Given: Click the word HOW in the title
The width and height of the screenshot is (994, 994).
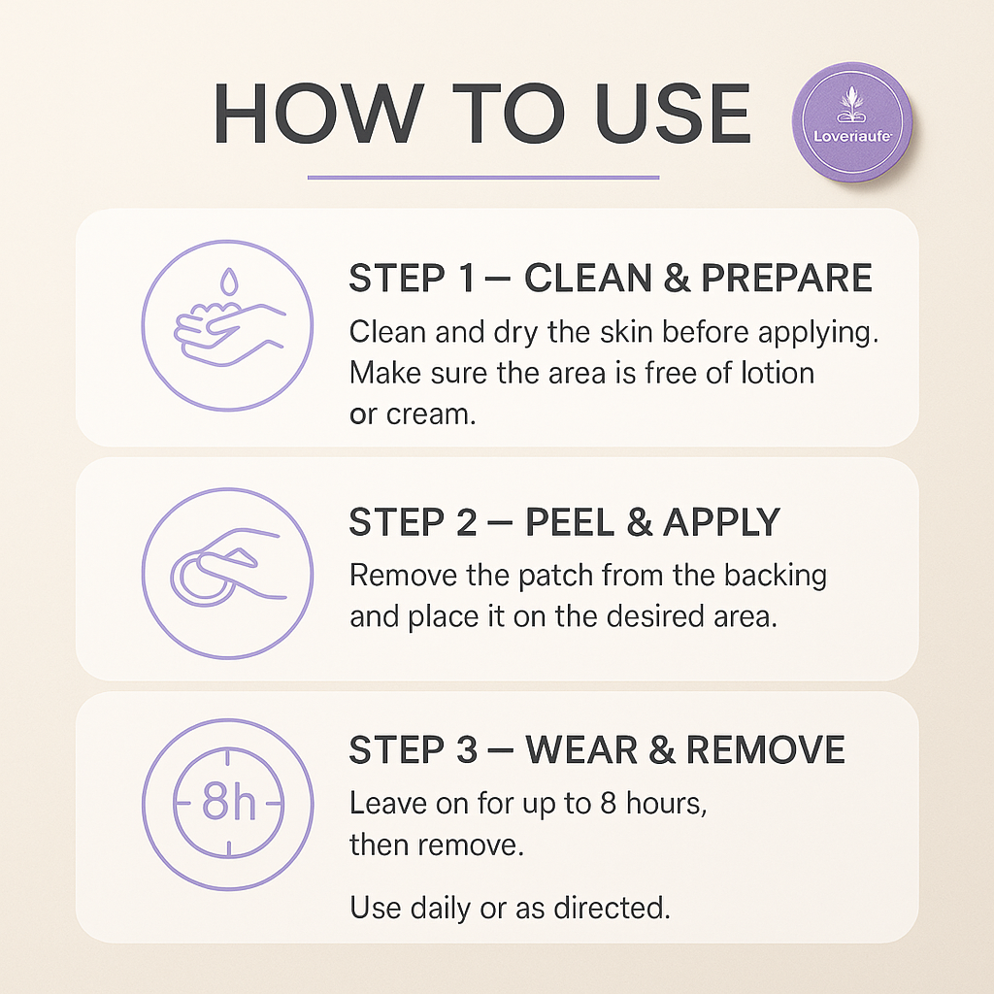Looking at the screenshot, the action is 318,114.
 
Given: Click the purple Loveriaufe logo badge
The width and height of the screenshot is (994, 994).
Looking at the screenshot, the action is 852,122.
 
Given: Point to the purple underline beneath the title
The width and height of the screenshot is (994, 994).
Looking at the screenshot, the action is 483,178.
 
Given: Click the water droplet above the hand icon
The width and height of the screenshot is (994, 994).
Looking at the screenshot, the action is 229,282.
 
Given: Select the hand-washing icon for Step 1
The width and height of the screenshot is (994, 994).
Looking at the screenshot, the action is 227,326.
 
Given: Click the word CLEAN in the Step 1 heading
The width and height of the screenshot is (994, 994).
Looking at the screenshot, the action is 587,279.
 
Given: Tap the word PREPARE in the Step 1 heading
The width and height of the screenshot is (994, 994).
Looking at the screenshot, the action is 786,279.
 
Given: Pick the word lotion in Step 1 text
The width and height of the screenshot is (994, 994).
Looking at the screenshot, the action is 774,373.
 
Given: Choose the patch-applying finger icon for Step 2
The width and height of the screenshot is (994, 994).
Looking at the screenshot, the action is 227,573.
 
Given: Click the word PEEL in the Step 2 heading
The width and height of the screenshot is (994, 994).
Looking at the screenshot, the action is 568,522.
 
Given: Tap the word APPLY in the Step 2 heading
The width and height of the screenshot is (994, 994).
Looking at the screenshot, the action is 721,522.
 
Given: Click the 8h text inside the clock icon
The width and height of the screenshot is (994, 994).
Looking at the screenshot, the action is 229,802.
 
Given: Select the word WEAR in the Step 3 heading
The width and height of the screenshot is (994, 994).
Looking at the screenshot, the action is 581,750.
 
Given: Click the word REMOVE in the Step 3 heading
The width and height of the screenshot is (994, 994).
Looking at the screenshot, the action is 766,750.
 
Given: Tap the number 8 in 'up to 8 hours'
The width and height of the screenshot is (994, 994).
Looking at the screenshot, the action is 608,803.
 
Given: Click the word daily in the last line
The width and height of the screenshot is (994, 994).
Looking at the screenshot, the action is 442,908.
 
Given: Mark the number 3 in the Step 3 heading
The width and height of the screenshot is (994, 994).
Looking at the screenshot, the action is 466,750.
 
